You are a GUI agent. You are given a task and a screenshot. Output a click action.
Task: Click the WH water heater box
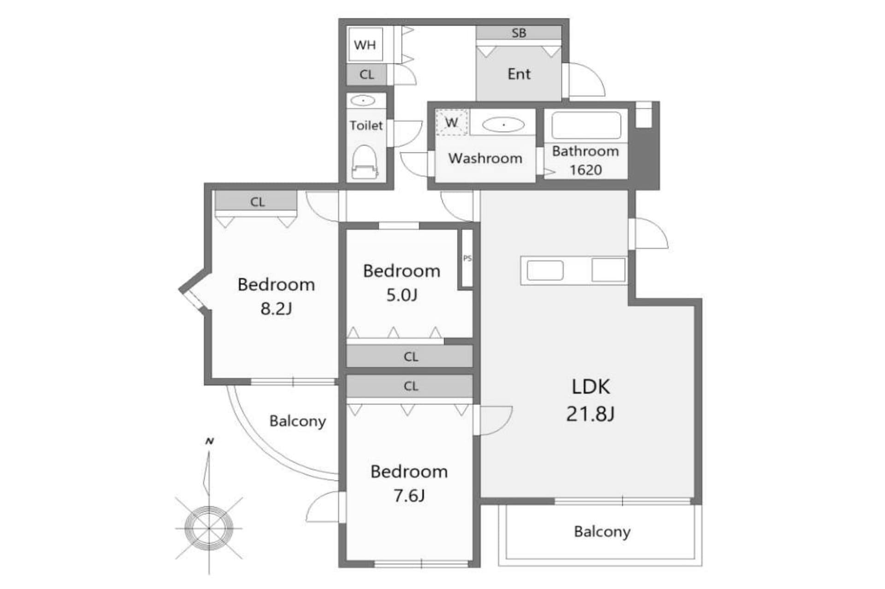(x=365, y=45)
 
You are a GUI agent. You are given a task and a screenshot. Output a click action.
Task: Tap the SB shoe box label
(x=519, y=33)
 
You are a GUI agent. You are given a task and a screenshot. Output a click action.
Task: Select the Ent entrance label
(x=519, y=74)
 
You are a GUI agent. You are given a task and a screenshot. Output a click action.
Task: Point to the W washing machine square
(x=452, y=123)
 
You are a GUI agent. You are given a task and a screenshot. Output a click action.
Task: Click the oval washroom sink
(x=503, y=124)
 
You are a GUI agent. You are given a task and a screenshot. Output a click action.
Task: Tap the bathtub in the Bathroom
(x=586, y=125)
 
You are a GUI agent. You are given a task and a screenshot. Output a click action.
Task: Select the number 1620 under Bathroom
(x=585, y=170)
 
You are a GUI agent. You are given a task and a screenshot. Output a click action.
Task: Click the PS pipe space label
(x=467, y=258)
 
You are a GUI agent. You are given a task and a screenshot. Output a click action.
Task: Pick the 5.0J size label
(x=401, y=295)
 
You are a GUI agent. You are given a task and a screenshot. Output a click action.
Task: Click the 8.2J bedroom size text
(x=276, y=309)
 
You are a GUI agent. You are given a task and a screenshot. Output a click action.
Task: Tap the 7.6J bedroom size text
(x=409, y=496)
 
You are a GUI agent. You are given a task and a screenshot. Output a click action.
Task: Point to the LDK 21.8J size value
(x=590, y=414)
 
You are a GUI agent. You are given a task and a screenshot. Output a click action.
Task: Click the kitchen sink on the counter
(x=545, y=271)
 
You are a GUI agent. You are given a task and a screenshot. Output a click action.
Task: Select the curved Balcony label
(x=297, y=421)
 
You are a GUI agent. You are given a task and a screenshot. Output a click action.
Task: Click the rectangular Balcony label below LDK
(x=602, y=531)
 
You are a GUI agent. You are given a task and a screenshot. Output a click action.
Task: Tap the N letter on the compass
(x=210, y=441)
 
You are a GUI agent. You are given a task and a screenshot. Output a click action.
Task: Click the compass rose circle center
(x=209, y=528)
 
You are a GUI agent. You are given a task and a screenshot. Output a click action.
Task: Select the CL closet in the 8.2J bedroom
(x=257, y=202)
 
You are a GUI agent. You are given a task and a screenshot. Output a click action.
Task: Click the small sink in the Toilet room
(x=363, y=100)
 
